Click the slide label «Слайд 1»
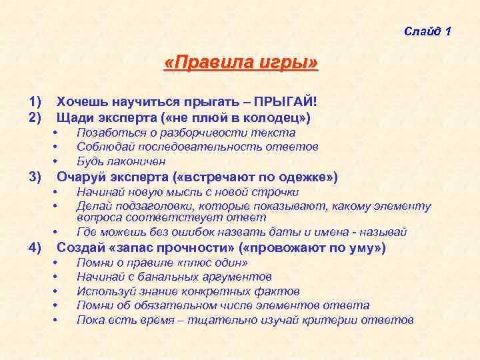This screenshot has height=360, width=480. [x=427, y=32]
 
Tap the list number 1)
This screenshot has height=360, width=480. [x=35, y=102]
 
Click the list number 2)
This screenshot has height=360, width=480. [x=35, y=117]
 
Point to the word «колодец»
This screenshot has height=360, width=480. [x=274, y=117]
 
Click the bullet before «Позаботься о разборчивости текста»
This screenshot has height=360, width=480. [x=56, y=133]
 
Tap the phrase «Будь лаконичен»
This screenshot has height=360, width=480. [x=121, y=161]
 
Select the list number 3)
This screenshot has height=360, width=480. [x=35, y=177]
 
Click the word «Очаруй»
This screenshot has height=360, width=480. [x=79, y=177]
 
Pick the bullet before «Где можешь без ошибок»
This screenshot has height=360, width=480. [x=56, y=233]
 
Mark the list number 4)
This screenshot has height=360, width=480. [x=35, y=248]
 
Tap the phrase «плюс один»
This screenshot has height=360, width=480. [x=199, y=263]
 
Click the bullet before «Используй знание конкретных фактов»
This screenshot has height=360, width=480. [x=56, y=291]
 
